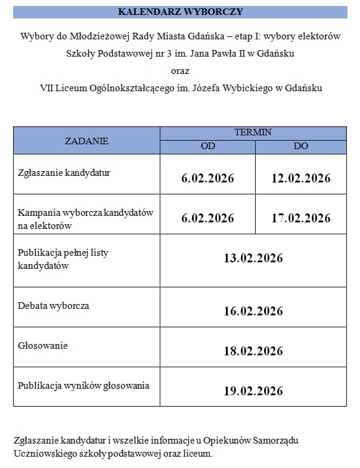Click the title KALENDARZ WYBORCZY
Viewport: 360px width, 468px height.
coord(180,12)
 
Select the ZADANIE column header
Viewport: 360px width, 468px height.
coord(86,141)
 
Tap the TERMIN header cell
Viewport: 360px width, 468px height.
coord(253,132)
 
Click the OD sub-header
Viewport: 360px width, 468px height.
coord(207,147)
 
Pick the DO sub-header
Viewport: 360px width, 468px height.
coord(301,147)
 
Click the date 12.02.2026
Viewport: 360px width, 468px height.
coord(301,178)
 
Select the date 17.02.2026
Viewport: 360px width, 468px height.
coord(301,218)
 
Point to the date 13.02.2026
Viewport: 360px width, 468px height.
coord(253,258)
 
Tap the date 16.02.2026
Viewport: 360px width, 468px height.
coord(253,311)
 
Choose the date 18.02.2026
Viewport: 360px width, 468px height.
coord(253,351)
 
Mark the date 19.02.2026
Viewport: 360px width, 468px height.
coord(253,391)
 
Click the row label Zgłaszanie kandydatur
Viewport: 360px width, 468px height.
coord(64,173)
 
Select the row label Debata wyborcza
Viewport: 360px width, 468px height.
coord(54,306)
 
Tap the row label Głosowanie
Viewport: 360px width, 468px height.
coord(43,346)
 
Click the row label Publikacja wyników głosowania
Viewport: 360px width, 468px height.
coord(83,386)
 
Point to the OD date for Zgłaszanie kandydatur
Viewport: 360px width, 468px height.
coord(207,178)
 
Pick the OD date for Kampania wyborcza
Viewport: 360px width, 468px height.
coord(207,218)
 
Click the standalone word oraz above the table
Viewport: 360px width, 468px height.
coord(180,70)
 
